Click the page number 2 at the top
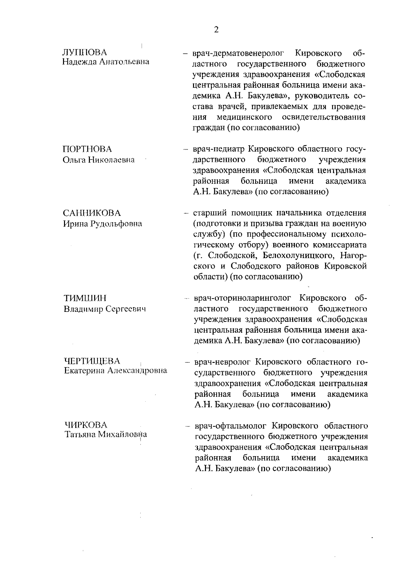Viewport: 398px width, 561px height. (216, 30)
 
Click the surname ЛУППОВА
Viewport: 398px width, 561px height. (85, 52)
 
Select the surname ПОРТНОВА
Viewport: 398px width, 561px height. (87, 149)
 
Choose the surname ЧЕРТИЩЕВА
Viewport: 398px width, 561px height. (92, 361)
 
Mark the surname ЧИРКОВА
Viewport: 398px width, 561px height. (86, 425)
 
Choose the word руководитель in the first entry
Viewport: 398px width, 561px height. (318, 96)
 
